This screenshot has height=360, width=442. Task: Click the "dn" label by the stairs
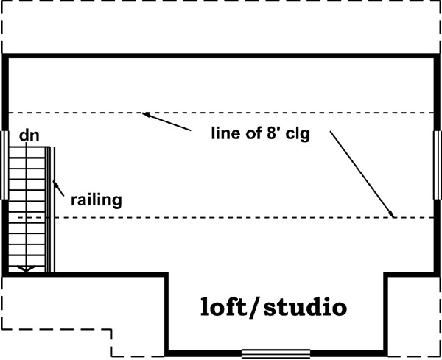pyautogui.click(x=28, y=135)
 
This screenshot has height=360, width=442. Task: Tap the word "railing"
pyautogui.click(x=96, y=199)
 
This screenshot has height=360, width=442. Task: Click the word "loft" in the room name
pyautogui.click(x=227, y=306)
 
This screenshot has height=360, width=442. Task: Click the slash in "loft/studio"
pyautogui.click(x=259, y=306)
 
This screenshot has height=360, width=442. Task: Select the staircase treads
pyautogui.click(x=27, y=206)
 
